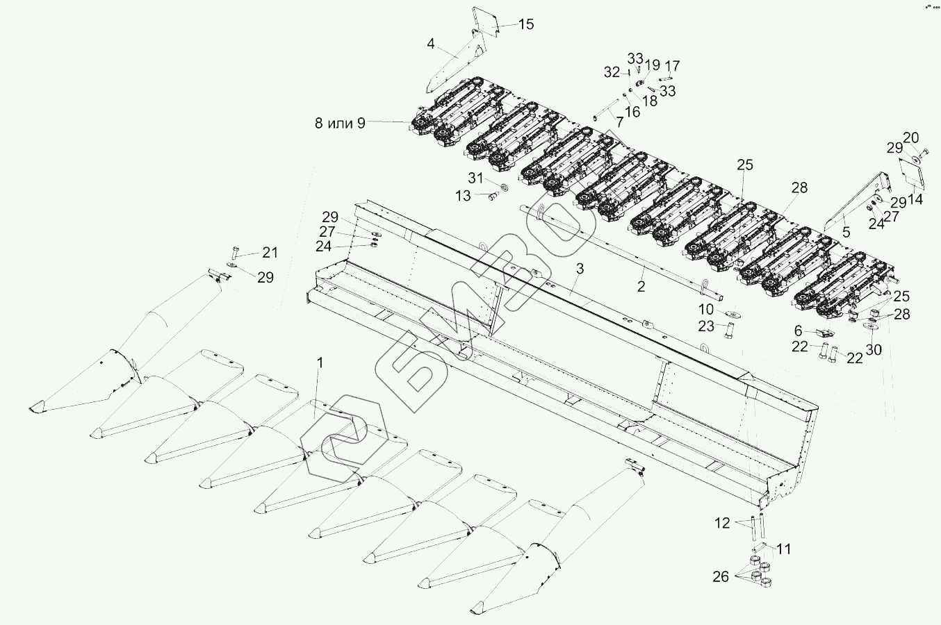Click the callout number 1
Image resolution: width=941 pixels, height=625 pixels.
[x=320, y=362]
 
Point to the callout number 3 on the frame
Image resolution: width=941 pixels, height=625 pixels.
[x=580, y=269]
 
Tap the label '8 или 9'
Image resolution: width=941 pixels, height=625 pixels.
[x=340, y=124]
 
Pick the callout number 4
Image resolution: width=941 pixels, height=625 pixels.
[x=431, y=44]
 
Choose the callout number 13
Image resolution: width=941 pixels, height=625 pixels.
[x=463, y=197]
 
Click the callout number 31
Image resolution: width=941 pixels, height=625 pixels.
[x=475, y=178]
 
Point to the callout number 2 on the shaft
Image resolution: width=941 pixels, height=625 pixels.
[x=641, y=285]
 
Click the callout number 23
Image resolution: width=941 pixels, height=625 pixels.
[x=706, y=325]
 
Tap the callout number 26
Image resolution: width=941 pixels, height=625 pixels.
[x=721, y=576]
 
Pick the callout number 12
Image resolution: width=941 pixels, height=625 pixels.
[x=722, y=523]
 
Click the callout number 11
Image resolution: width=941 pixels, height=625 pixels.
[x=783, y=549]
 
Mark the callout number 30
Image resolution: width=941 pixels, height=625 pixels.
[x=874, y=349]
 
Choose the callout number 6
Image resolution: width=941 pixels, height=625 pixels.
[x=798, y=331]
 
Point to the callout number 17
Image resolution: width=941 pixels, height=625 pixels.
[x=672, y=67]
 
